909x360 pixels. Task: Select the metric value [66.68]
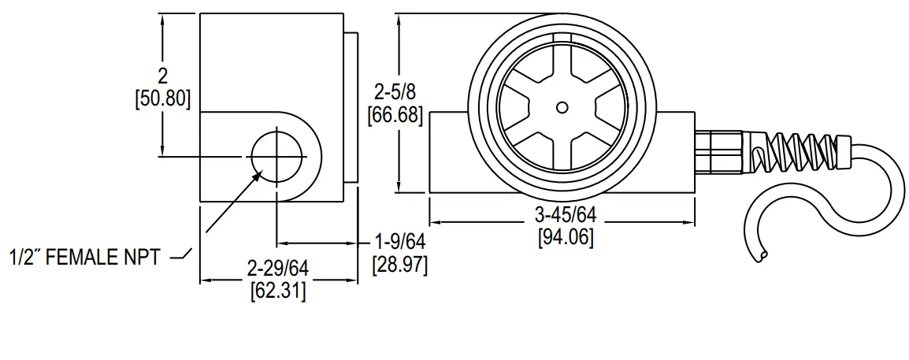[x=395, y=116]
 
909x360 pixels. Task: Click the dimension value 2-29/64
[x=277, y=269]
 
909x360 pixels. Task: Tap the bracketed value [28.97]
[x=400, y=265]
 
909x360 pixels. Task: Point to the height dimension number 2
[x=163, y=76]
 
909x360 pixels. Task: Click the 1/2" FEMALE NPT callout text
[x=85, y=258]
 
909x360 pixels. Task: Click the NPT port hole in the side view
[x=278, y=155]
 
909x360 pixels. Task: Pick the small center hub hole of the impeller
[x=562, y=107]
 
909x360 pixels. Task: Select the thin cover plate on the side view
[x=351, y=107]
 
